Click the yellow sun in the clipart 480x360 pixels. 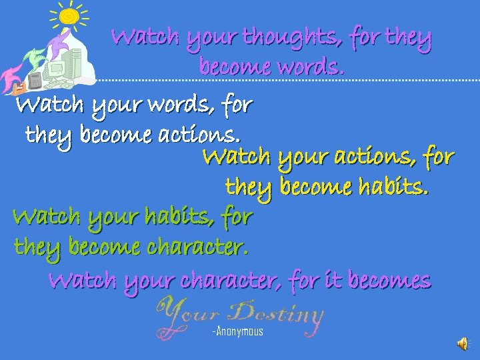69,16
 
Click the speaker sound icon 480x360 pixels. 462,343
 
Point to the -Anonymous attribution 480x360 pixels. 238,331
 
